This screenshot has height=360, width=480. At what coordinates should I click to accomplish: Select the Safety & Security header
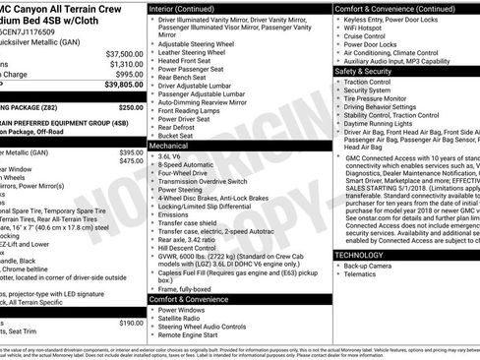[x=369, y=71]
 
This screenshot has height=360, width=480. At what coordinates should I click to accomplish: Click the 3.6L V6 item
[x=169, y=155]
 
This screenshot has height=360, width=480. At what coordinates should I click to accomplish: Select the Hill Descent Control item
[x=191, y=247]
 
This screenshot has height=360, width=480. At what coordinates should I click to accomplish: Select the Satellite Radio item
[x=181, y=317]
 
